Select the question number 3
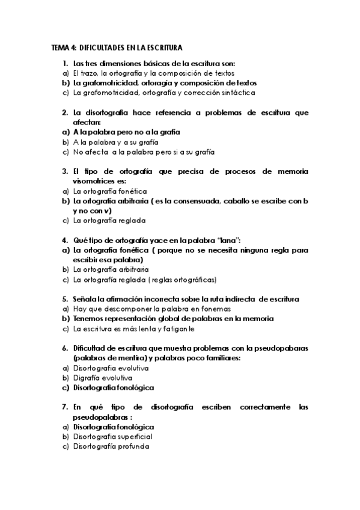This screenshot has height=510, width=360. [64, 171]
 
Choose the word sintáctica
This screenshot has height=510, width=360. [237, 93]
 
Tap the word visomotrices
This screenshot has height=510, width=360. [93, 181]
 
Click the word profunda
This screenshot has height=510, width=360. [130, 447]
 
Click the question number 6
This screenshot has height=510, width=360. [64, 348]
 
